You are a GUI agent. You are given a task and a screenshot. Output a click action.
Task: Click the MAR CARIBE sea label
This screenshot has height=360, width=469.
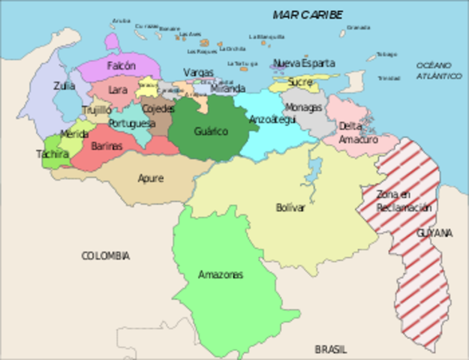pyautogui.click(x=308, y=15)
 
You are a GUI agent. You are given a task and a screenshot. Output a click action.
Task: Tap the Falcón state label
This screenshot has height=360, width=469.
pyautogui.click(x=121, y=66)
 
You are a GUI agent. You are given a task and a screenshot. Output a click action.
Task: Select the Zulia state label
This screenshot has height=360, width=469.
pyautogui.click(x=65, y=86)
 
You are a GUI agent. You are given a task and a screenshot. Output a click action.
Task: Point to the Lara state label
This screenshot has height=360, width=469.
pyautogui.click(x=118, y=90)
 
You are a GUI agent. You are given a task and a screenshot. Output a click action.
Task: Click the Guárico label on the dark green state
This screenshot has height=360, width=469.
pyautogui.click(x=211, y=131)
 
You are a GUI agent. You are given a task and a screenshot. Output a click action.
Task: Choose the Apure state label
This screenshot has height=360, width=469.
pyautogui.click(x=150, y=178)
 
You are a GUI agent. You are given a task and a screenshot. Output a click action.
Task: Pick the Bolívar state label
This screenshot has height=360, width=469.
pyautogui.click(x=290, y=208)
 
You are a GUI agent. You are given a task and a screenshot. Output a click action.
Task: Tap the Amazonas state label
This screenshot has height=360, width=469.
pyautogui.click(x=221, y=274)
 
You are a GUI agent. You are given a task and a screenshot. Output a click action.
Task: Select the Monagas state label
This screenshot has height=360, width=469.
pyautogui.click(x=304, y=107)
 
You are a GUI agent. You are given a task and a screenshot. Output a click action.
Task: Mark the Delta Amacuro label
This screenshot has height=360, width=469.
pyautogui.click(x=352, y=132)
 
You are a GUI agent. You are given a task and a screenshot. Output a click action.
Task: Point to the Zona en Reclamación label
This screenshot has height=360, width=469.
pyautogui.click(x=404, y=201)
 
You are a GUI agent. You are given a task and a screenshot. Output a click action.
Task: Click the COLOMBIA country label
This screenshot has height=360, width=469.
pyautogui.click(x=105, y=256)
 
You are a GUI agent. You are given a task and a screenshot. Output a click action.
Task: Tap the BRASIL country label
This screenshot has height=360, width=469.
pyautogui.click(x=331, y=349)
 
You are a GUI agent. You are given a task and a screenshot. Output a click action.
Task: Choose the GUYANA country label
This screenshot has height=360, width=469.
pyautogui.click(x=434, y=233)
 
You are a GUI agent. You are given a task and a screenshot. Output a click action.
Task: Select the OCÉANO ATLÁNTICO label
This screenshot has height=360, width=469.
pyautogui.click(x=439, y=71)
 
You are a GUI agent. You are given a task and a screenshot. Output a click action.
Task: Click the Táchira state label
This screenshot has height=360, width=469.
pyautogui.click(x=53, y=154)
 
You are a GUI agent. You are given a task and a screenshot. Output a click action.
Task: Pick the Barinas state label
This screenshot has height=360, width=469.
pyautogui.click(x=107, y=146)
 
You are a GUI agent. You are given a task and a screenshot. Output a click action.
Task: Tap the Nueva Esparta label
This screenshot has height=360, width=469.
pyautogui.click(x=304, y=64)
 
